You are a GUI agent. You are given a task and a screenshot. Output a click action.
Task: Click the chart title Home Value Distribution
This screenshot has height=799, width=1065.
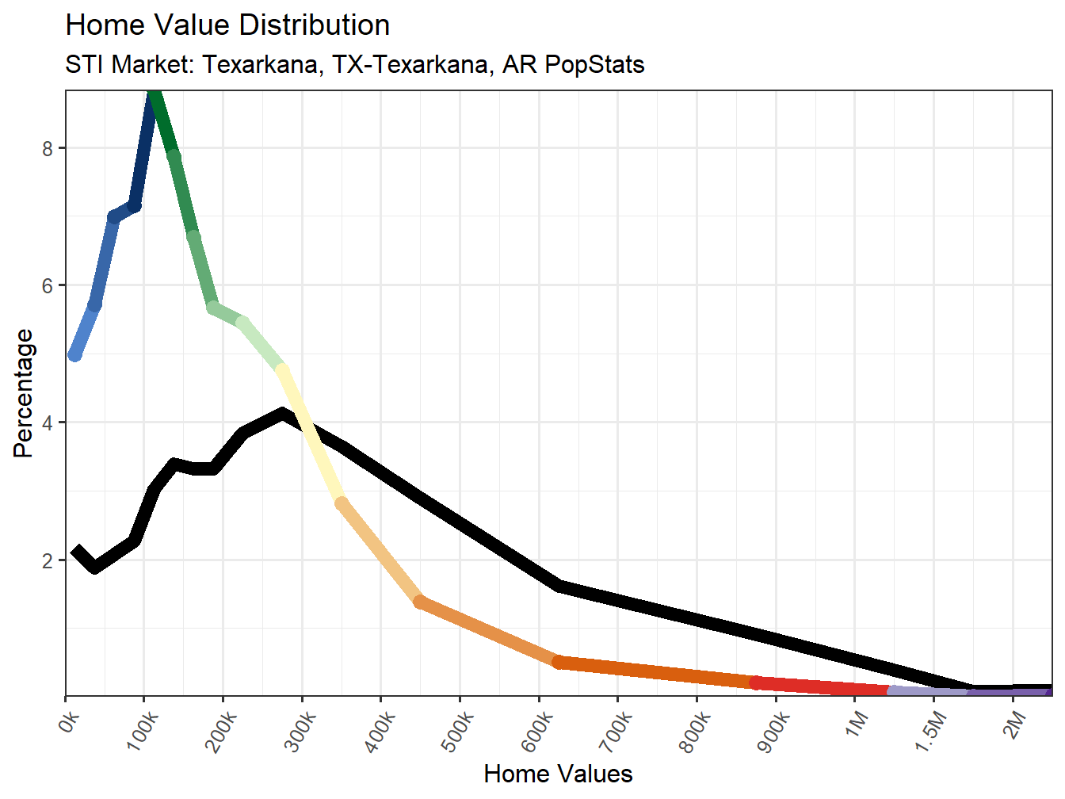pyautogui.click(x=227, y=25)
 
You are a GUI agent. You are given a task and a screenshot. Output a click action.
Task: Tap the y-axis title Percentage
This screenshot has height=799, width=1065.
pyautogui.click(x=24, y=393)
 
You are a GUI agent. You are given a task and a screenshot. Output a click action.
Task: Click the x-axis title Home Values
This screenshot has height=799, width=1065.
pyautogui.click(x=558, y=774)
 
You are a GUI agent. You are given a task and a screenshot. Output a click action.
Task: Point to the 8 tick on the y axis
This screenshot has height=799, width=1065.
pyautogui.click(x=48, y=148)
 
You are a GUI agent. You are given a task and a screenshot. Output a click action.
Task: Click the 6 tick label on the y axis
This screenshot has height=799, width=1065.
pyautogui.click(x=48, y=285)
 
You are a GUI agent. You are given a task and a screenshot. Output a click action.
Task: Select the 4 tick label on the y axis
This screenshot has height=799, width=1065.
pyautogui.click(x=48, y=422)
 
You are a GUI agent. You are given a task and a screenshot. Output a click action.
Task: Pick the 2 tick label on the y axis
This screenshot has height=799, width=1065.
pyautogui.click(x=48, y=560)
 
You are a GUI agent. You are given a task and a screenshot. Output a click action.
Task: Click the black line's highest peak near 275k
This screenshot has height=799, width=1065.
pyautogui.click(x=282, y=413)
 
